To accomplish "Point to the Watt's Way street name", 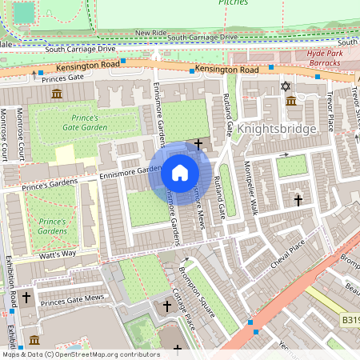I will click(x=57, y=254).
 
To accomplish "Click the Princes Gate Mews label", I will click(x=72, y=298).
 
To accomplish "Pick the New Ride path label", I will click(x=150, y=33).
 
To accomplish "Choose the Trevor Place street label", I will click(x=329, y=112).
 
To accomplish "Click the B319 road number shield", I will click(x=349, y=320).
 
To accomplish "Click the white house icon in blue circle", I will click(x=180, y=173).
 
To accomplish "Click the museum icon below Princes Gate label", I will click(x=57, y=94).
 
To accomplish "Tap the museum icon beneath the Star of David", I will click(x=291, y=101).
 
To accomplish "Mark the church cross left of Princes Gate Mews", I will click(x=26, y=298).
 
